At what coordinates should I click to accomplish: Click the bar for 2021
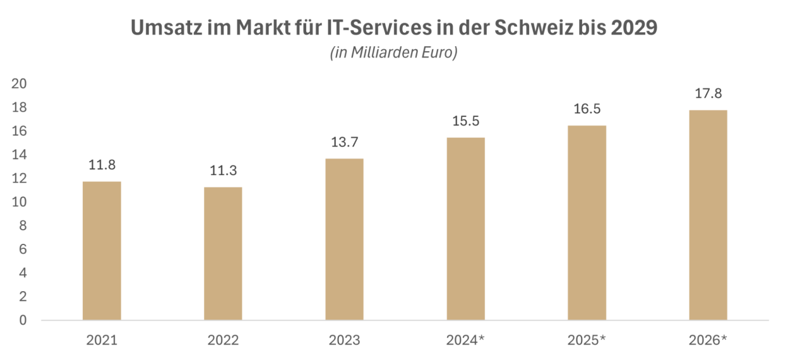102,250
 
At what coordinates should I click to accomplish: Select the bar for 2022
223,253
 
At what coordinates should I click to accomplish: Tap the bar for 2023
344,239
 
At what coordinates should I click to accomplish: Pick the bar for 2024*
465,228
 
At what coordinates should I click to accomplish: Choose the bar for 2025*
587,222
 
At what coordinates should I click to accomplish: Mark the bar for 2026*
708,215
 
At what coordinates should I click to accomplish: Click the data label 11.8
102,165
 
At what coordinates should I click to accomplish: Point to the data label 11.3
223,171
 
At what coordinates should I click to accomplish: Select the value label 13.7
344,143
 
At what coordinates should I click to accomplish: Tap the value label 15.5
465,121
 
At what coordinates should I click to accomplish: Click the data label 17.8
708,94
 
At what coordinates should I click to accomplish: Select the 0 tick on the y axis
23,320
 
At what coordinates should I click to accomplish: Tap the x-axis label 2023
344,341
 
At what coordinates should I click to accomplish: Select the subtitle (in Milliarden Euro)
393,54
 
